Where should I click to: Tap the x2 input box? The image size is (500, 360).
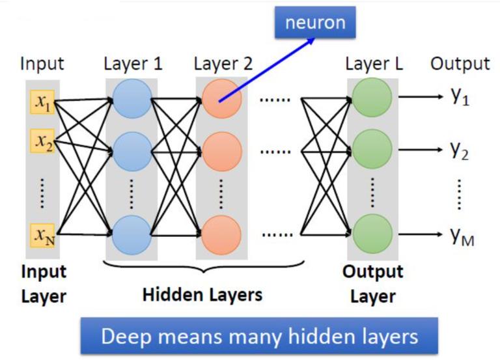point(43,140)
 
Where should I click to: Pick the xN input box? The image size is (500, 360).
point(43,233)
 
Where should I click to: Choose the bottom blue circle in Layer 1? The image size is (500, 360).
point(132,234)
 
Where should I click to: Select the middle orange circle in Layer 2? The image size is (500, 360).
point(222,150)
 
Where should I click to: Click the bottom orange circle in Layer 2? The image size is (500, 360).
point(222,234)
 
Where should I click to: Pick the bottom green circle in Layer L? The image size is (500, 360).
point(372,234)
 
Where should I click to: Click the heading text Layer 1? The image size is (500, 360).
point(133,64)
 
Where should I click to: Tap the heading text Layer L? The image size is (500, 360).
point(374,64)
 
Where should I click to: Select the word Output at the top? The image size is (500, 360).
point(460,63)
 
